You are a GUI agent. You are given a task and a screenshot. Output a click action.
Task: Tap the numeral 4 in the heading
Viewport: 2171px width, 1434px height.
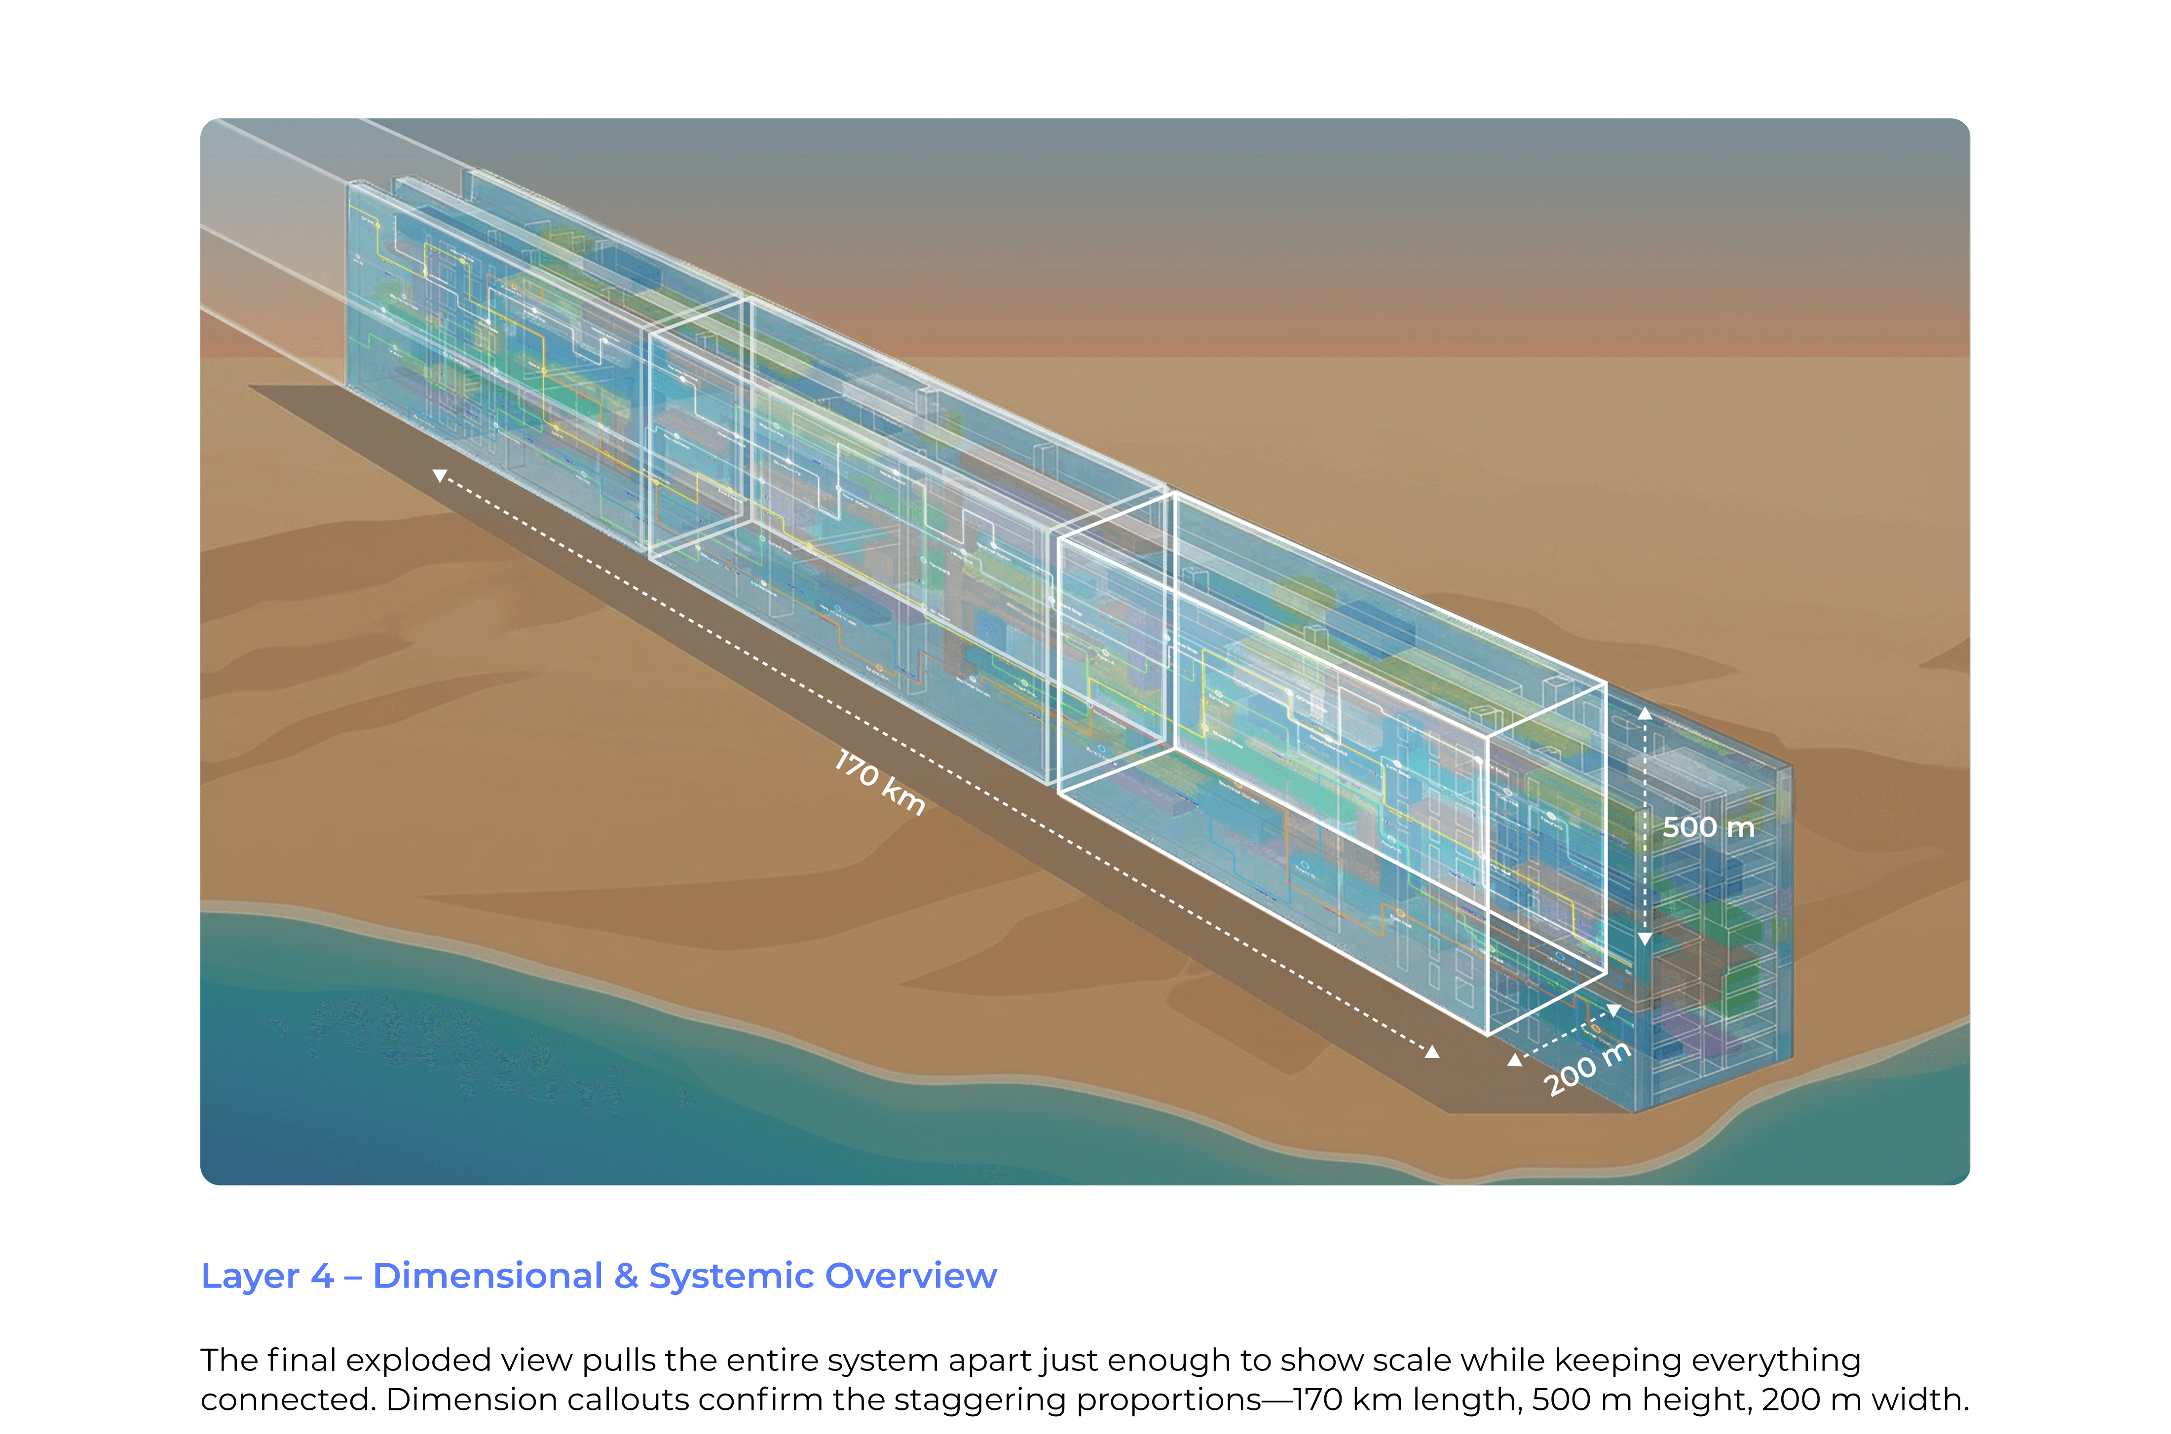pos(322,1276)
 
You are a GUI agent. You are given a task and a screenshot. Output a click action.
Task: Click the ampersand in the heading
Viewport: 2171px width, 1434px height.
pos(626,1276)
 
